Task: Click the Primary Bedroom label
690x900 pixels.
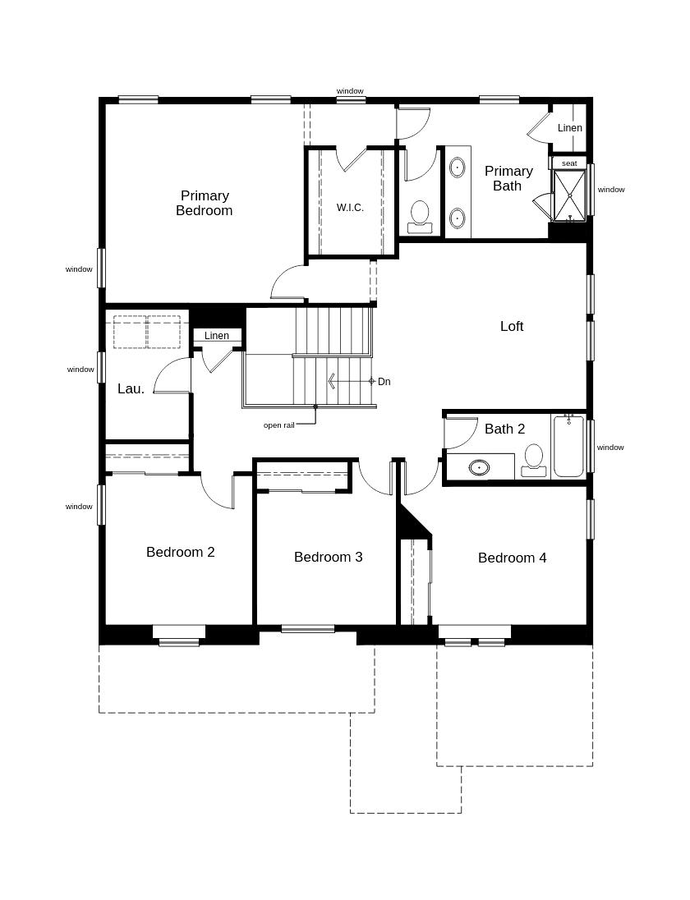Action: tap(205, 203)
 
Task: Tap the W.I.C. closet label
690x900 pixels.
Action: tap(350, 208)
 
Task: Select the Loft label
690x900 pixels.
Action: tap(512, 326)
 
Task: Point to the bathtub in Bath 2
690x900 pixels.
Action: tap(568, 447)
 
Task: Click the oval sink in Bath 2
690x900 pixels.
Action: tap(479, 467)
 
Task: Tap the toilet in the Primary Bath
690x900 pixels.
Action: tap(421, 215)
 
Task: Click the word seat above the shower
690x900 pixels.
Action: tap(569, 163)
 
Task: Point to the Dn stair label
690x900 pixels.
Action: tap(384, 382)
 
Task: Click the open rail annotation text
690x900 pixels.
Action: tap(278, 425)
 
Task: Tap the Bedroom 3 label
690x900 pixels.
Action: tap(328, 557)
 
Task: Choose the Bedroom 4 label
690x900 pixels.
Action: tap(512, 558)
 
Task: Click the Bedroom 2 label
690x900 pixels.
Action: tap(180, 552)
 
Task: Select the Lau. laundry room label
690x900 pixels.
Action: tap(131, 388)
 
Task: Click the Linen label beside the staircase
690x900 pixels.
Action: tap(217, 336)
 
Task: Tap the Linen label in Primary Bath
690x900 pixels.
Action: tap(570, 128)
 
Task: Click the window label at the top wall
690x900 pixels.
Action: tap(350, 91)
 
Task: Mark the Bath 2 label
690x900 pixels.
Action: tap(504, 429)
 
